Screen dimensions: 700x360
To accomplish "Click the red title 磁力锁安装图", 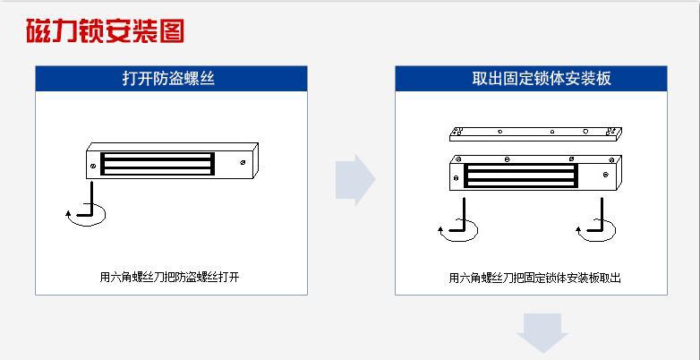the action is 105,30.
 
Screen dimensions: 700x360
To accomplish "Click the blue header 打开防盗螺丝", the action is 169,79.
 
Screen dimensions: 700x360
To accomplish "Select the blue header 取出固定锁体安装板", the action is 541,79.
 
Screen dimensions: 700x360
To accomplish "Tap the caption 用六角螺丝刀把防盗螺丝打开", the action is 170,277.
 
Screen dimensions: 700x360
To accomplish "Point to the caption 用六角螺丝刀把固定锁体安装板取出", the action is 534,278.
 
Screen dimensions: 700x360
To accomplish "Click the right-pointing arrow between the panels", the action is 355,180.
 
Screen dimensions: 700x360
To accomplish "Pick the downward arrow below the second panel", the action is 542,333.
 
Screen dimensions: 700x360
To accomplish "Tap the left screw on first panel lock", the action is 93,167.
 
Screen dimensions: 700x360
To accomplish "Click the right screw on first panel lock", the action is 242,163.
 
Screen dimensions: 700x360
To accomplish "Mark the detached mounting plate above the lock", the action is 535,134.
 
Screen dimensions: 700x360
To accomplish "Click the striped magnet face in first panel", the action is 158,164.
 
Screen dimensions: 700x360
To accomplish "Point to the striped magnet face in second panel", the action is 521,176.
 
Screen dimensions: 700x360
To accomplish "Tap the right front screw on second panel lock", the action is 605,175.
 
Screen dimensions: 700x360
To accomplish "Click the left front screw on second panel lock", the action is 456,178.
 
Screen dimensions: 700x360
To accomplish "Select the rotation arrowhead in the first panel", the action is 68,213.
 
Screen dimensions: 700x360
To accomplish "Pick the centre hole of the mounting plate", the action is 552,132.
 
